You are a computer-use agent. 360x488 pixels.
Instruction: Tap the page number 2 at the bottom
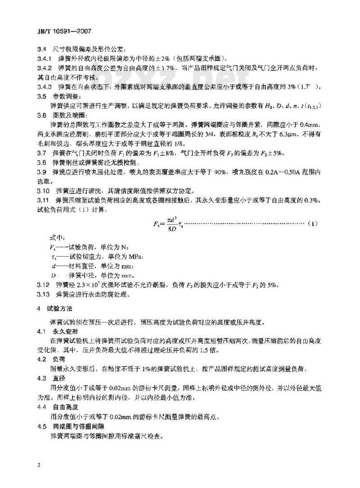pyautogui.click(x=40, y=464)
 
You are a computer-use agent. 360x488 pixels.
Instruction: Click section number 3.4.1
pyautogui.click(x=44, y=59)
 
